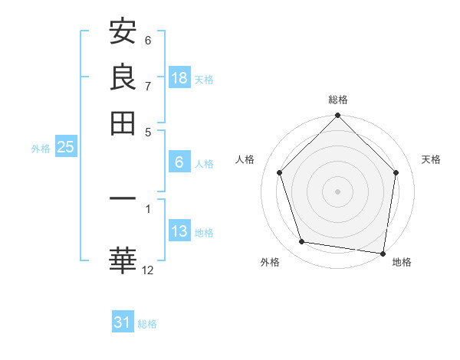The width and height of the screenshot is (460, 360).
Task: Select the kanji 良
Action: point(123,77)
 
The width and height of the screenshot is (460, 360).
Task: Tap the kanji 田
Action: point(123,122)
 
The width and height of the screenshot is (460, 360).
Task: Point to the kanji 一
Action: point(123,199)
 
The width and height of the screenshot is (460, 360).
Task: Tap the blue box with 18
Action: point(179,77)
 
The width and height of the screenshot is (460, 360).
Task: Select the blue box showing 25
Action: point(65,147)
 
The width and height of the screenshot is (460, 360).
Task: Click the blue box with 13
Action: point(179,231)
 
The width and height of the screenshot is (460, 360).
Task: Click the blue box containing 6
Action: point(179,162)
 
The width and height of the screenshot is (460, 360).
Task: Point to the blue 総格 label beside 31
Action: point(147,324)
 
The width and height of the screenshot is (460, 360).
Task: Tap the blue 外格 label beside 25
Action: point(41,149)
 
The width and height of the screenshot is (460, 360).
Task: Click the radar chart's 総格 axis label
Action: point(338,100)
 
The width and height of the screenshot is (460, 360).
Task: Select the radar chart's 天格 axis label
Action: point(432,159)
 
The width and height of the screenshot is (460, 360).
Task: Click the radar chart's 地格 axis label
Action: point(402,262)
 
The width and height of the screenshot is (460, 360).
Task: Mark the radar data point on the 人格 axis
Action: point(279,172)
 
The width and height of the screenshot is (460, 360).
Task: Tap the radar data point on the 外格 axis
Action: point(302,242)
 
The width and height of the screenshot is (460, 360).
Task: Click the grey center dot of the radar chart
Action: point(338,191)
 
